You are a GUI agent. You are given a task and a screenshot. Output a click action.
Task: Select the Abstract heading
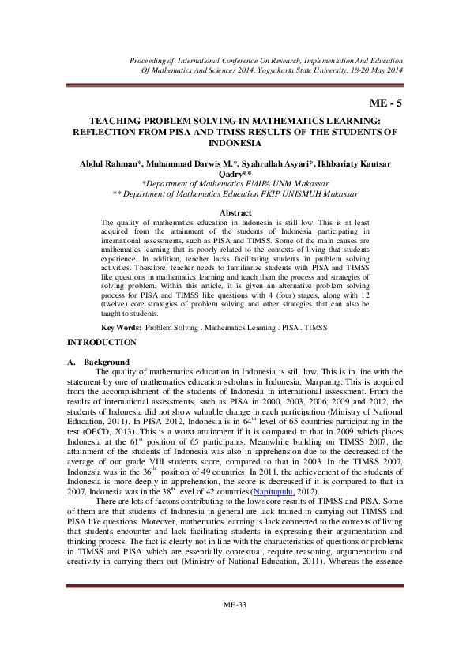pos(235,213)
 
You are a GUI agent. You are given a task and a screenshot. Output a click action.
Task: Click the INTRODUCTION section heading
pos(102,342)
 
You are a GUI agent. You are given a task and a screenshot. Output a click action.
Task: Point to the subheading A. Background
pos(99,362)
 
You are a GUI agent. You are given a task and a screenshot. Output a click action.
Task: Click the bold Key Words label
pos(122,327)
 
